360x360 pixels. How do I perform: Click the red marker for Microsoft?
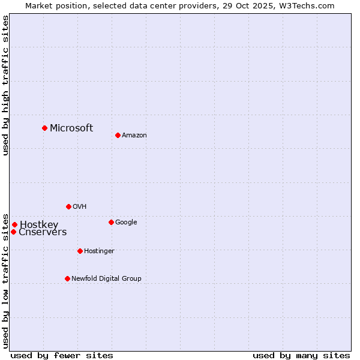point(44,128)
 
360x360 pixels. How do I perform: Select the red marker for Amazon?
point(118,135)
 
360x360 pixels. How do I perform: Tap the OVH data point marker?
point(68,206)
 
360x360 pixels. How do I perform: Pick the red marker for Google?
point(111,222)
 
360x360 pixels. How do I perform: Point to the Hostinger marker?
point(80,251)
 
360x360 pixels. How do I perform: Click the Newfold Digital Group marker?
point(67,278)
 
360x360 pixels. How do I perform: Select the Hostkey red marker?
point(14,225)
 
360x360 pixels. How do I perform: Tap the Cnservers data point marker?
point(13,232)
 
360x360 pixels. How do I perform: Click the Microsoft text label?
point(71,128)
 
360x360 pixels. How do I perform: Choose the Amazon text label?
point(134,135)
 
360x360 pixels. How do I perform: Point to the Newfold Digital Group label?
point(106,278)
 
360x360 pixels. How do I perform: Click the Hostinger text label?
point(99,251)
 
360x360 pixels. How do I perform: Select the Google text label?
point(126,222)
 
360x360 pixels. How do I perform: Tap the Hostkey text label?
point(39,225)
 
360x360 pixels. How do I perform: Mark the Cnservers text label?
point(43,232)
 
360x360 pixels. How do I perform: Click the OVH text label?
point(80,206)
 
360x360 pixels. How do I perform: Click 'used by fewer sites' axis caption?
point(62,355)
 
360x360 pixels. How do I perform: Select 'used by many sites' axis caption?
point(301,355)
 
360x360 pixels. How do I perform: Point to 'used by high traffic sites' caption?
point(5,85)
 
